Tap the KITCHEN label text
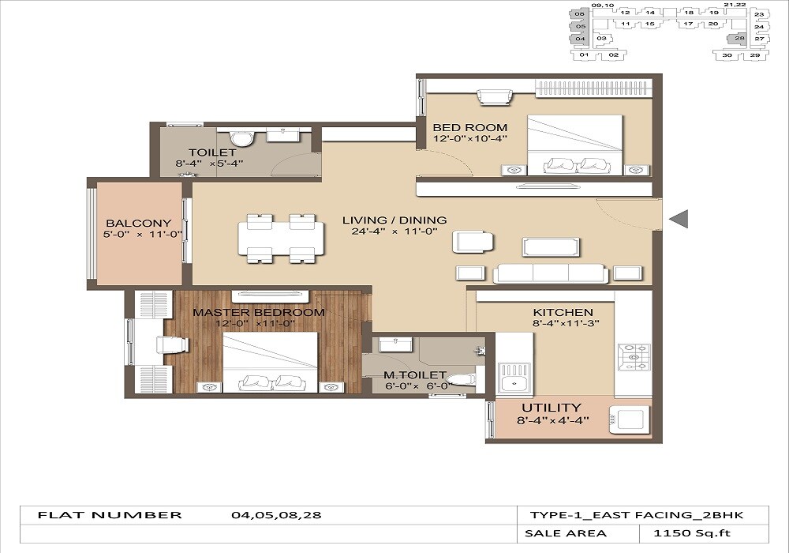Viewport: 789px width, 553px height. point(563,313)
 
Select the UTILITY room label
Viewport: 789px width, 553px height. point(551,408)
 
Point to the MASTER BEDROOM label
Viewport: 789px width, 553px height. point(259,312)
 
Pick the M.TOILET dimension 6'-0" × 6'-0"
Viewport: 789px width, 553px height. point(415,387)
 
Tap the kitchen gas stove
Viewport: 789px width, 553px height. point(634,358)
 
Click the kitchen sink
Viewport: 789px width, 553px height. point(514,383)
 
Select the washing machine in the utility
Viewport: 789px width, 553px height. point(629,419)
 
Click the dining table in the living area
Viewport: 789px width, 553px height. point(281,238)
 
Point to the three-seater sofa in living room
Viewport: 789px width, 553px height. point(551,273)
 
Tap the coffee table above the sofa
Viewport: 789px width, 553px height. point(551,246)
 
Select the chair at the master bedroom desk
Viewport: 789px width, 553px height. point(172,344)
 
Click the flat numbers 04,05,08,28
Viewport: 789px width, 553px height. point(276,515)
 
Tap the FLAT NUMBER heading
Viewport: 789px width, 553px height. point(110,515)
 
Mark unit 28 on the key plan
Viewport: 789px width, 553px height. point(739,38)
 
